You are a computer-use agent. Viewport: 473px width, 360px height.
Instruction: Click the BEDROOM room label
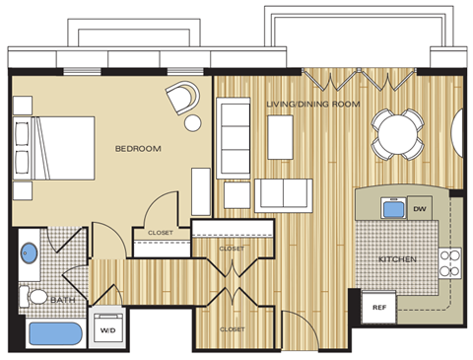(138, 149)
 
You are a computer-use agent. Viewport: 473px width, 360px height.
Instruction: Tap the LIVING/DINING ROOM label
(312, 104)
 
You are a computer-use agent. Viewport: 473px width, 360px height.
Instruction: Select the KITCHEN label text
(398, 259)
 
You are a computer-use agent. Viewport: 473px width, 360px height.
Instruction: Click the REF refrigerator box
(378, 307)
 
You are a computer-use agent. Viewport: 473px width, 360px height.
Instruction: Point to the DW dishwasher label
(419, 209)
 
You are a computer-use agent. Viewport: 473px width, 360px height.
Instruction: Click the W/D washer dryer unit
(106, 330)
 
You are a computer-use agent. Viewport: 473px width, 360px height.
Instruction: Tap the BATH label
(62, 299)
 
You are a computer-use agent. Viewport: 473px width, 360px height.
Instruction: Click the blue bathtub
(54, 333)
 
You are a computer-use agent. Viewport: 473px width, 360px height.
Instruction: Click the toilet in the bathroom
(35, 295)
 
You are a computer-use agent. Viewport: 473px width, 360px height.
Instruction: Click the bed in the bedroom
(55, 148)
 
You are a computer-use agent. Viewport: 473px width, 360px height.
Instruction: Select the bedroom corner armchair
(182, 98)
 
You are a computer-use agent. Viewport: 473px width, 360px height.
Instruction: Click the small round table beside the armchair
(193, 123)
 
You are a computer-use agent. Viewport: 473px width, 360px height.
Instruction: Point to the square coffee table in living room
(279, 130)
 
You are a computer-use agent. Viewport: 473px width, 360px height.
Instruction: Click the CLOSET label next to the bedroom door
(160, 233)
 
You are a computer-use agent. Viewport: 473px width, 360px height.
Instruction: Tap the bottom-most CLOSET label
(232, 328)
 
